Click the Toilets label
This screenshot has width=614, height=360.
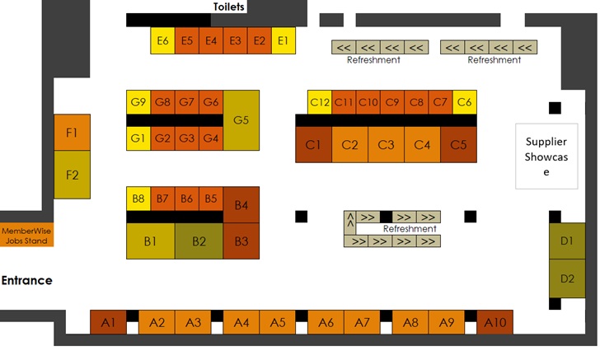tap(228, 7)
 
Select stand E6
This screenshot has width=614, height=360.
tap(162, 40)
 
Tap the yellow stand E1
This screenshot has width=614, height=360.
tap(284, 40)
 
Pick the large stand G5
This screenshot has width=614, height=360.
tap(241, 120)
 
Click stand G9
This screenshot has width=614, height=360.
tap(138, 102)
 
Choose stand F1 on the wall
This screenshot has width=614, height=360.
tap(72, 133)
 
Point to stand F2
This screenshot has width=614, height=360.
tap(72, 175)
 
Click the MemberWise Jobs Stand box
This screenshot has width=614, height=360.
tap(26, 236)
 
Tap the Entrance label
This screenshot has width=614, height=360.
tap(26, 280)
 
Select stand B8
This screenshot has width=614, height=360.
tap(138, 199)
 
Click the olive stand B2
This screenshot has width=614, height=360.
tap(199, 241)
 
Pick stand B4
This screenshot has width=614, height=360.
tap(241, 204)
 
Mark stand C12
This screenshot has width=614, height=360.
tap(320, 102)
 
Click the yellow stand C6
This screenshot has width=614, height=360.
tap(465, 102)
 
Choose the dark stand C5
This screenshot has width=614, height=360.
tap(458, 144)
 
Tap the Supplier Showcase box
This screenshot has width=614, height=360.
tap(546, 157)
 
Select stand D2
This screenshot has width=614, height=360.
tap(567, 278)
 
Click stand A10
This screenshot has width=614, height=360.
tap(495, 322)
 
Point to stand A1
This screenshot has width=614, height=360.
tap(108, 322)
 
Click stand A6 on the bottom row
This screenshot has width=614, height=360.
tap(326, 322)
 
